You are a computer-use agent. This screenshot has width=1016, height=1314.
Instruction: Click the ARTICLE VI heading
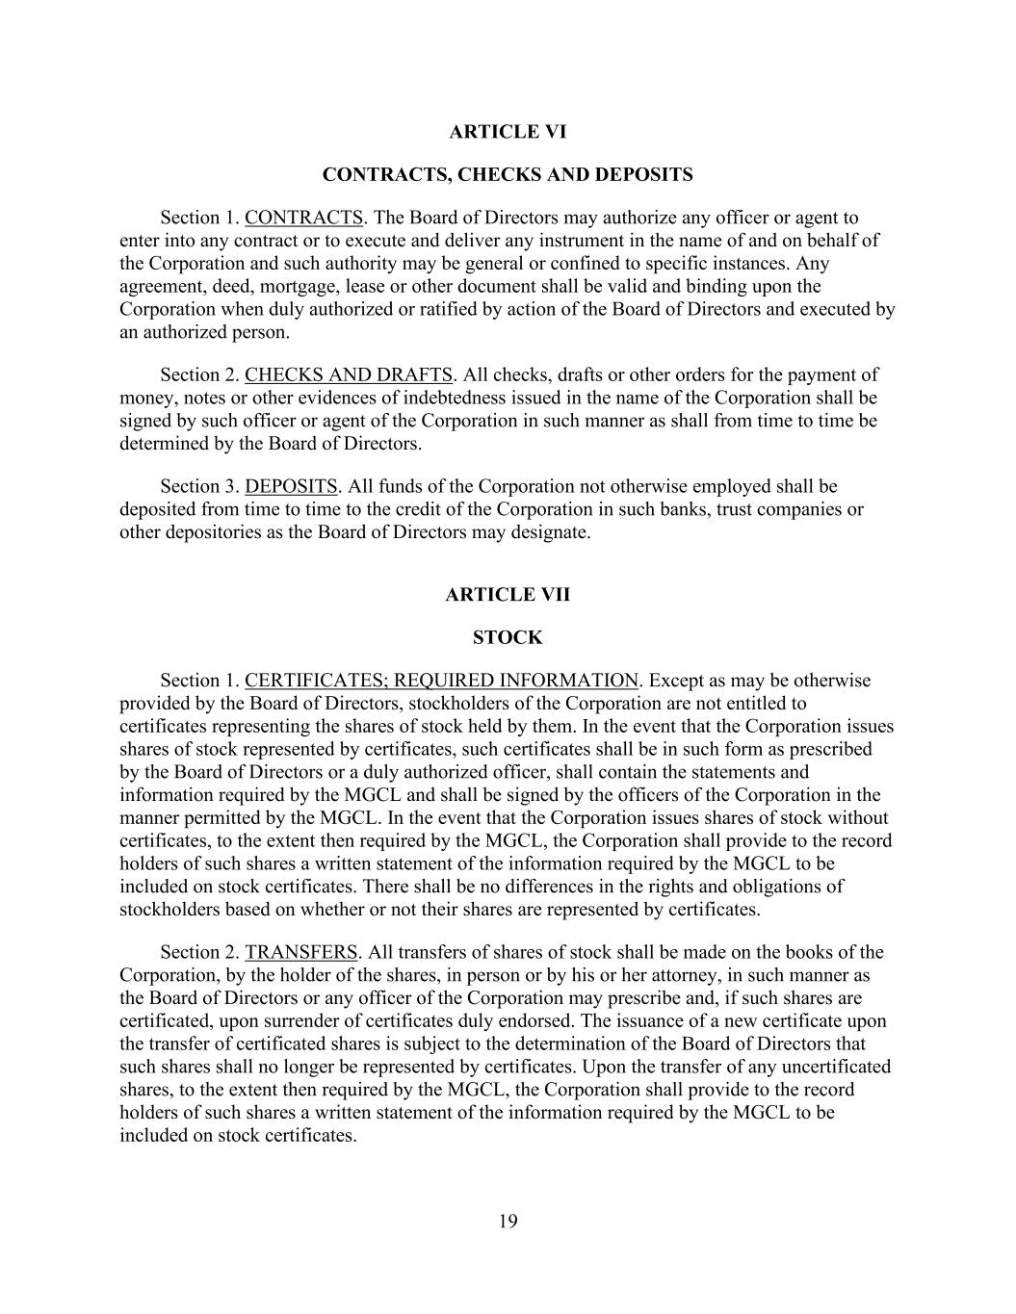click(508, 132)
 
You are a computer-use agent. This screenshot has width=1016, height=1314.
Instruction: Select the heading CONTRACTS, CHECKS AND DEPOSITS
click(508, 175)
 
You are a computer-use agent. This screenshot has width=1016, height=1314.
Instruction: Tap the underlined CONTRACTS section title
click(303, 218)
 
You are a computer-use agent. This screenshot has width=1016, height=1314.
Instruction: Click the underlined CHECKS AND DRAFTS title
click(348, 374)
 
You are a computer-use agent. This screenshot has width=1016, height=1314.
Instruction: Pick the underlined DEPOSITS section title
click(291, 486)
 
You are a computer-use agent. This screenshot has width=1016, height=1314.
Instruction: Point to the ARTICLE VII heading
click(508, 595)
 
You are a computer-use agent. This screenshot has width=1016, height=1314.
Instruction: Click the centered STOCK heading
click(508, 638)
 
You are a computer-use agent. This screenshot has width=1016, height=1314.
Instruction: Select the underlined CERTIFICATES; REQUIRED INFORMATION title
click(441, 681)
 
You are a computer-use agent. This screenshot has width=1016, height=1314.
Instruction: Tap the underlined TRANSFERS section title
click(301, 952)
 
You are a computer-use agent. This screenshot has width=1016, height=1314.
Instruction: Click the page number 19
click(508, 1223)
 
